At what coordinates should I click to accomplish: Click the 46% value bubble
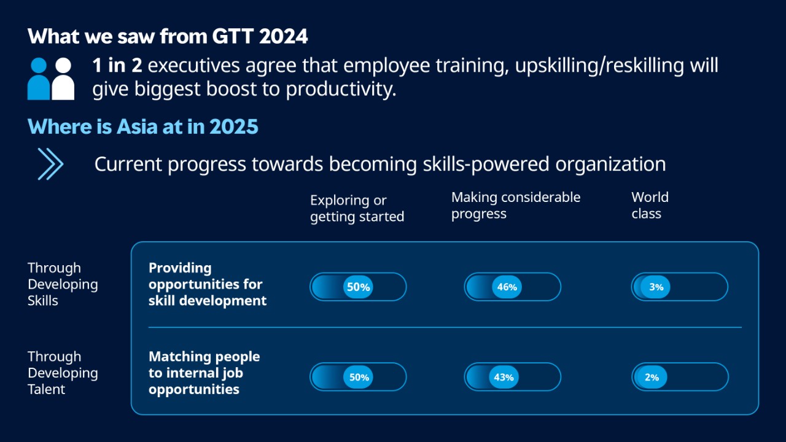[x=507, y=287]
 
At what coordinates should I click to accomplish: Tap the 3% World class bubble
[x=656, y=287]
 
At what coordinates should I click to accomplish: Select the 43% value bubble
[x=504, y=377]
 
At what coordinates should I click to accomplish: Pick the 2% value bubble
[x=652, y=377]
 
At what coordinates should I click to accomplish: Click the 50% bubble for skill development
[x=358, y=287]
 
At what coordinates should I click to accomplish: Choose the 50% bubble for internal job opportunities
[x=359, y=377]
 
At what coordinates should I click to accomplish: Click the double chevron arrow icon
[x=50, y=164]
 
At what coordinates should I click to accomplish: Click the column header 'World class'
[x=650, y=205]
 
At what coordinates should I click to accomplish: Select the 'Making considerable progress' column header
[x=515, y=205]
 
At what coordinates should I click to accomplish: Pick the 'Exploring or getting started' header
[x=357, y=208]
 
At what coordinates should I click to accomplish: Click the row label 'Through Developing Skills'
[x=62, y=284]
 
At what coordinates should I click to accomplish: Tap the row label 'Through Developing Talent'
[x=62, y=373]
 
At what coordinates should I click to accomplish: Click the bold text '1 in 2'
[x=117, y=65]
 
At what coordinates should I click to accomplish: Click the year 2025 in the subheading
[x=234, y=126]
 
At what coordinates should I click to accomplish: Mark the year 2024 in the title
[x=283, y=36]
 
